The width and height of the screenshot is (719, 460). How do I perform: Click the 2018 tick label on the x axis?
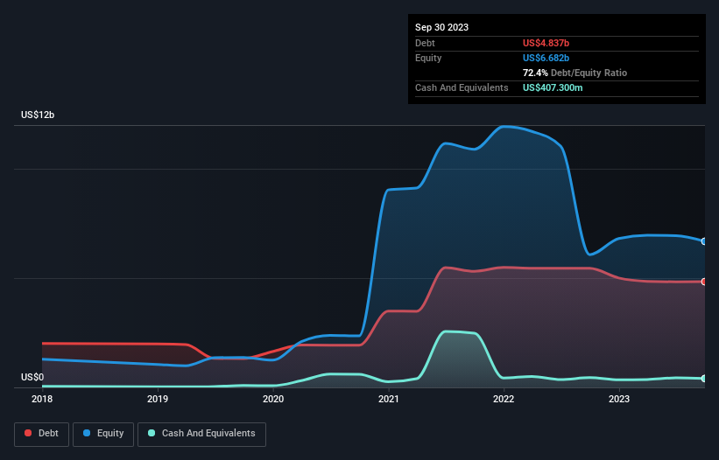[x=42, y=400]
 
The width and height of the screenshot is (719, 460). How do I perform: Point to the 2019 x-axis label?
[x=158, y=400]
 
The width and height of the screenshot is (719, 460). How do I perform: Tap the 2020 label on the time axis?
[x=273, y=400]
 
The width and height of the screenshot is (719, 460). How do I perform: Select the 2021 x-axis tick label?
[x=389, y=400]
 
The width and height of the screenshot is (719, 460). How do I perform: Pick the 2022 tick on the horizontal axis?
[x=504, y=400]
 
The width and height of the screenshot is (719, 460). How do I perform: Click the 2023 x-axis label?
[x=619, y=400]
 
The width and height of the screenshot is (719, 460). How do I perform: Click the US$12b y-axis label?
[x=39, y=115]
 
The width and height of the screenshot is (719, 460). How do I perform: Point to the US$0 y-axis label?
[x=32, y=378]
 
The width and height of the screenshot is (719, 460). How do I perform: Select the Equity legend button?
[x=103, y=433]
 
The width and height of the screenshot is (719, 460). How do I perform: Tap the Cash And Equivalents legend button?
[x=201, y=433]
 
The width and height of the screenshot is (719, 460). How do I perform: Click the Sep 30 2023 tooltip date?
[x=442, y=27]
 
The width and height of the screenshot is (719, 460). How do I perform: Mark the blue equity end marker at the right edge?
[x=704, y=241]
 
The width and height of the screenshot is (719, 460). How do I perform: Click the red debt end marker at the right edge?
[x=704, y=282]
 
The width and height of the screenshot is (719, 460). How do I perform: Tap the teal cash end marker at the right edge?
[x=704, y=379]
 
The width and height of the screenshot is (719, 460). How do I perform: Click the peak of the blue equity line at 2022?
[x=504, y=127]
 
